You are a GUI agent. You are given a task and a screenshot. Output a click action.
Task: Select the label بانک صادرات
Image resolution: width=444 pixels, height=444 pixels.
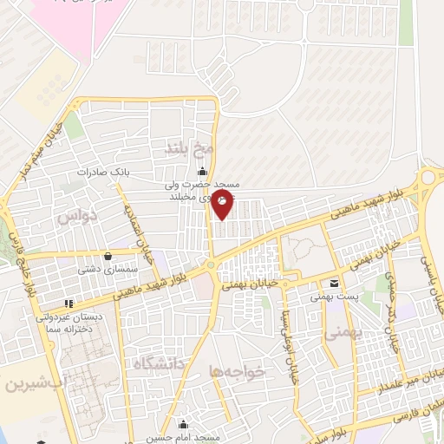point(101,172)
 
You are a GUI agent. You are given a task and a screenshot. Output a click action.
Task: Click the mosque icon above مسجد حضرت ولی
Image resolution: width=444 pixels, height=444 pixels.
point(203,170)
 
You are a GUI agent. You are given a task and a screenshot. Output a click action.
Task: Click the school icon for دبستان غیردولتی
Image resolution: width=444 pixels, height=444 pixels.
point(69,304)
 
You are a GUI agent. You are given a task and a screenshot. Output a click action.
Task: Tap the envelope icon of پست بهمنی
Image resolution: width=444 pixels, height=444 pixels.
point(335,284)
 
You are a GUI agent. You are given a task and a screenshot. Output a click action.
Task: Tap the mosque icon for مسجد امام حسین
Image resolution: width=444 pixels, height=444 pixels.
point(182,425)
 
